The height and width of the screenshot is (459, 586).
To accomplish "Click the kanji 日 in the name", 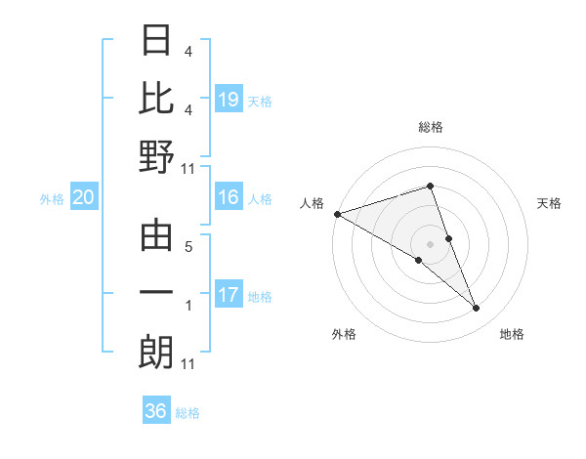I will coord(157,41).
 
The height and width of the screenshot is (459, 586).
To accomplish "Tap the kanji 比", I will coord(157,99).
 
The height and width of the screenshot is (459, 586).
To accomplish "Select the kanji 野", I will coord(157,157).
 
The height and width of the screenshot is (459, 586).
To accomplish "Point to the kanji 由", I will coord(157,236).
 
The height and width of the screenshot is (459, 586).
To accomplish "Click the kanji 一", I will coord(157,294).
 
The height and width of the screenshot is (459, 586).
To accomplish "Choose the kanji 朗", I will coord(157,353).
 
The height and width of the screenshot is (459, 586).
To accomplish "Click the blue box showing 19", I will coord(228,100).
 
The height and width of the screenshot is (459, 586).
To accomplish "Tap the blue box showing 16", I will coord(228,197).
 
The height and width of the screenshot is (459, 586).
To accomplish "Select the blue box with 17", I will coord(228,295).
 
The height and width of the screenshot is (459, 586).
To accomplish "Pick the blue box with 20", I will coord(84,198).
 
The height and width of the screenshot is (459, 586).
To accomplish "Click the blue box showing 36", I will coord(156,411).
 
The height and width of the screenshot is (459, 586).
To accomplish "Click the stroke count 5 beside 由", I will coord(188,247).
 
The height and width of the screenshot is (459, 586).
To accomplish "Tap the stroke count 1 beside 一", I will coord(188,306).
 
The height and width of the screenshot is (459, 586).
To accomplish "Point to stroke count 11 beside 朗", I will coord(188,364).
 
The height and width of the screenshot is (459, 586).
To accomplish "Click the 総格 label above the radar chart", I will coord(430,127).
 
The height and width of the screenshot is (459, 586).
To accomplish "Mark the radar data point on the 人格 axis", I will coord(337,214).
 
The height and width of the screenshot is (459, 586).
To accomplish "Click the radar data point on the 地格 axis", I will coord(477,309).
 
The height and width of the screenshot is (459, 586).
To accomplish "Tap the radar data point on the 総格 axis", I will coord(430,186).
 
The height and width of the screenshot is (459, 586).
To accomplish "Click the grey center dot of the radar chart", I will coord(430,243).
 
